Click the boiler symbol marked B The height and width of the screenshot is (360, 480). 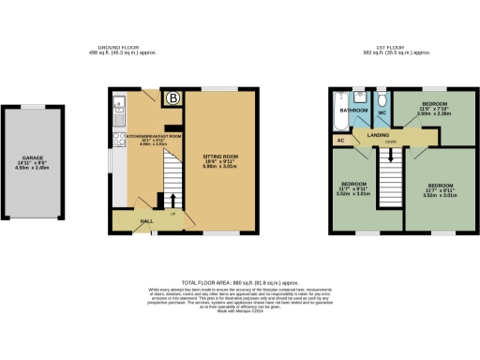tap(172, 97)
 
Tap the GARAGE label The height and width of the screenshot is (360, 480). tap(36, 158)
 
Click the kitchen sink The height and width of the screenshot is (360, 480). tap(117, 104)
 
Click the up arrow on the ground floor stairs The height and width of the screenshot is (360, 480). tap(172, 200)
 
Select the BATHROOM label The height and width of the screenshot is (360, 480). tap(352, 110)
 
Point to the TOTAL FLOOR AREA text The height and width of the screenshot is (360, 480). tap(240, 281)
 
